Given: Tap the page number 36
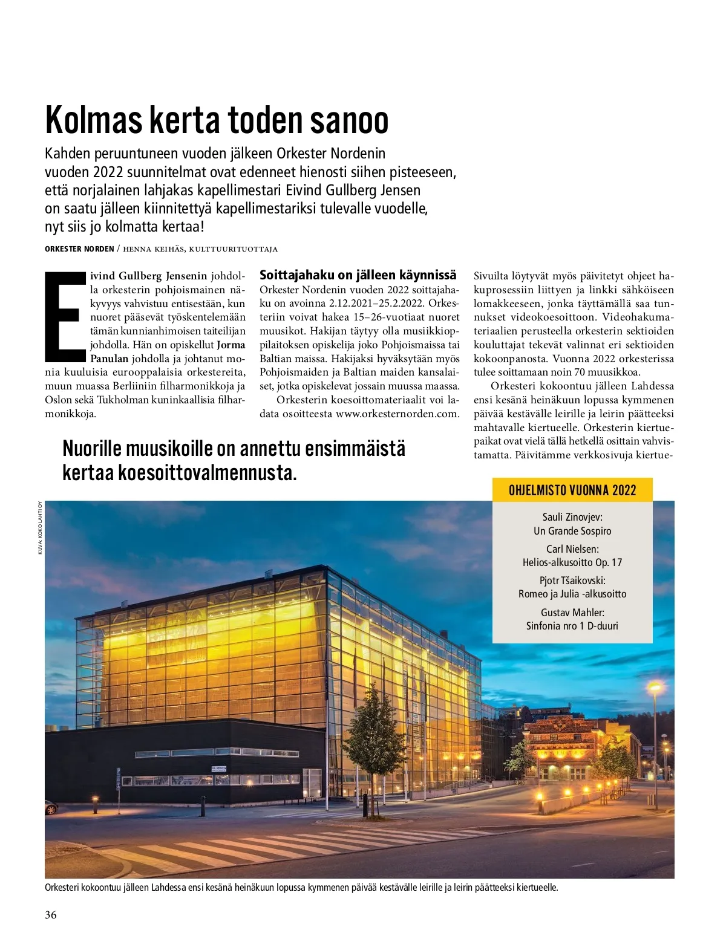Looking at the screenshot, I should point(51,915).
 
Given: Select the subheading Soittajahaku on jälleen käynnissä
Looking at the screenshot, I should point(358,275).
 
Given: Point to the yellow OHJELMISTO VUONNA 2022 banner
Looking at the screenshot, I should point(572,490).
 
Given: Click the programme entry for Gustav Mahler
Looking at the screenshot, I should point(572,619).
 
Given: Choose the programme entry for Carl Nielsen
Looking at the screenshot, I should point(572,556).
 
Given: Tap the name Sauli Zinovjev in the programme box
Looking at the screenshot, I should point(572,517).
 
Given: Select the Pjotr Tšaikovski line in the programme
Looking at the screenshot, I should point(572,581).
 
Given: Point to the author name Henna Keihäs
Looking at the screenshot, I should point(148,249).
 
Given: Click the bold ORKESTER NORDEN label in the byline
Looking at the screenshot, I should point(79,249).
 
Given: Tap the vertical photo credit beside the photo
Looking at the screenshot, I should point(40,528).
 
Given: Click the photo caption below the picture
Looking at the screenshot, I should point(301,888).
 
